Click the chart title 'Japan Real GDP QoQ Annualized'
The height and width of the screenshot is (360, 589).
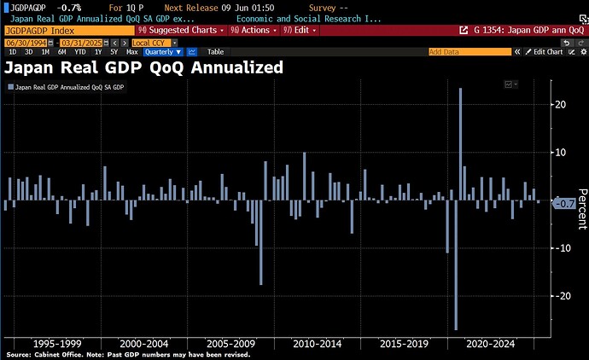(x=144, y=67)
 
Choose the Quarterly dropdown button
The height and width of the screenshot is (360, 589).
(x=163, y=52)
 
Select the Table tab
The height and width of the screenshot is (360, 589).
(x=215, y=52)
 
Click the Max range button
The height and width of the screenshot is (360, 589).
(x=131, y=52)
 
